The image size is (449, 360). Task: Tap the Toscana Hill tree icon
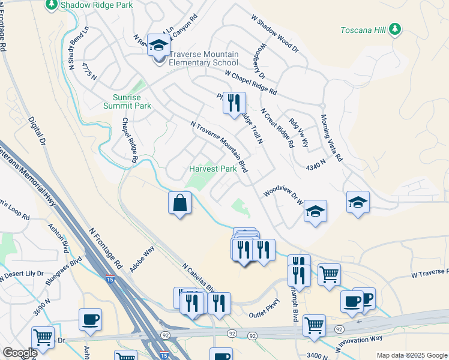click(394, 29)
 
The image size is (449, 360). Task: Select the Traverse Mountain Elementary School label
click(202, 58)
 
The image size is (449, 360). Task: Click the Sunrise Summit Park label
click(131, 101)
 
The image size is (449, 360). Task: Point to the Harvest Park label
click(213, 169)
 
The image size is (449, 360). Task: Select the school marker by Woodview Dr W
click(315, 212)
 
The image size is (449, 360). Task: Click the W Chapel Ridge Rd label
click(251, 82)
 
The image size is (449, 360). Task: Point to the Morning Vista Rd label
click(331, 138)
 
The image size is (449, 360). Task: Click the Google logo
click(19, 353)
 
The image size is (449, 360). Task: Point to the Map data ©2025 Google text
click(411, 355)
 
